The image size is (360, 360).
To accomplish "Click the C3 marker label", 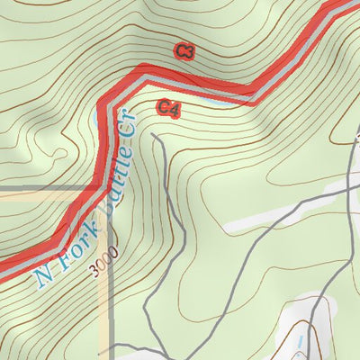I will tap(184, 51).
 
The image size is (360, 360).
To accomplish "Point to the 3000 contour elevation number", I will tap(103, 267).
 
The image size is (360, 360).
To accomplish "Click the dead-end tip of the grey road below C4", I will tap(154, 136).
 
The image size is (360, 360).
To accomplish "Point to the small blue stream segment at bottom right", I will tap(300, 339).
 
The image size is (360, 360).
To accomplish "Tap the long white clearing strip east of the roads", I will tap(270, 216).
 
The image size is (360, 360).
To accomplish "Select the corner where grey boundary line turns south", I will tap(109, 190).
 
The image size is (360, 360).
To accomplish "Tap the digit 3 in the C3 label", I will tap(190, 51).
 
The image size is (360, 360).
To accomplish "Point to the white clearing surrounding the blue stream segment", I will tap(310, 328).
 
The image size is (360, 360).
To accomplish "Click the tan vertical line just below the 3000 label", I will tap(110, 306).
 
